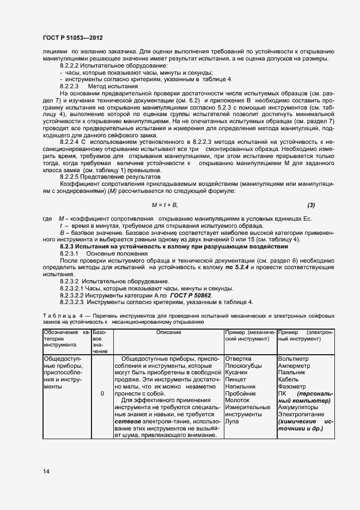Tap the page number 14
[46, 471]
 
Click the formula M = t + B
[164, 204]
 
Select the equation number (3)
[311, 204]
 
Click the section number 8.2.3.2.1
[75, 288]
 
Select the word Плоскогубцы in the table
[243, 366]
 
